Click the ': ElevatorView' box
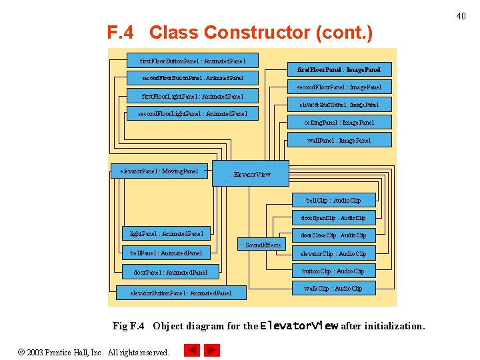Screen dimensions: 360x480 pyautogui.click(x=251, y=173)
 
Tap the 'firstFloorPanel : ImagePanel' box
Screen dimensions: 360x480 pyautogui.click(x=339, y=69)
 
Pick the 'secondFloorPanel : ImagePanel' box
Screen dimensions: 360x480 pyautogui.click(x=339, y=87)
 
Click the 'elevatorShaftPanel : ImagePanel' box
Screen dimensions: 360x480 pyautogui.click(x=339, y=105)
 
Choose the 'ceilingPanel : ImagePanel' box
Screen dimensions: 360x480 pyautogui.click(x=339, y=123)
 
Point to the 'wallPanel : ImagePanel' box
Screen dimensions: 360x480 pyautogui.click(x=339, y=141)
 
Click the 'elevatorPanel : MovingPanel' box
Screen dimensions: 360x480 pyautogui.click(x=159, y=171)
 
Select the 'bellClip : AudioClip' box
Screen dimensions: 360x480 pyautogui.click(x=333, y=200)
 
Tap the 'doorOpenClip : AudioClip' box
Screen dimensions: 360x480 pyautogui.click(x=333, y=218)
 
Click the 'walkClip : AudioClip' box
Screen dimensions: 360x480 pyautogui.click(x=333, y=289)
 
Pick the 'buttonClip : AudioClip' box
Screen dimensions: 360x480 pyautogui.click(x=333, y=271)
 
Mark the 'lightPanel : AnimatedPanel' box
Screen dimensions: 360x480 pyautogui.click(x=167, y=234)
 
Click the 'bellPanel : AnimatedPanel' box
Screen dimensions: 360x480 pyautogui.click(x=167, y=253)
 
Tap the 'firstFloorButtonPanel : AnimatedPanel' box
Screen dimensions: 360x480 pyautogui.click(x=193, y=60)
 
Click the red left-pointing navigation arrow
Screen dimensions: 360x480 pyautogui.click(x=191, y=350)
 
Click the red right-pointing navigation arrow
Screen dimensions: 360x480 pyautogui.click(x=212, y=350)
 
